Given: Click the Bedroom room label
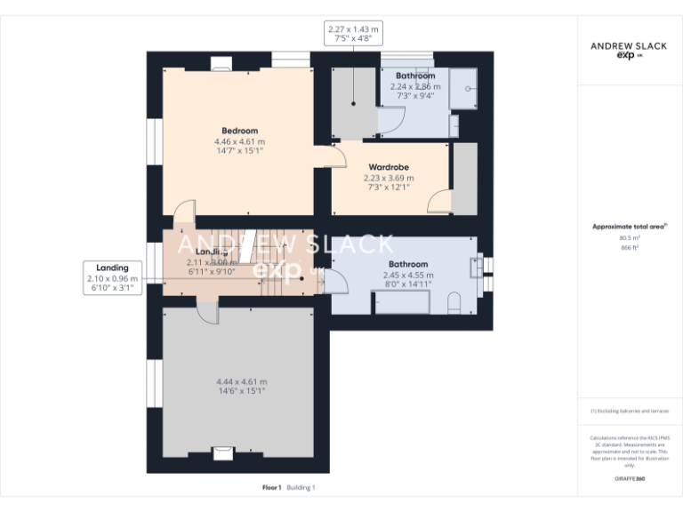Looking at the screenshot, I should [239, 131].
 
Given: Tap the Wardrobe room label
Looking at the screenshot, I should [388, 167].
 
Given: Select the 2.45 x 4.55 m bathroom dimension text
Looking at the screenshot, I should [408, 275].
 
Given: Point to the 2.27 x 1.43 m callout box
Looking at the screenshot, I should [353, 35].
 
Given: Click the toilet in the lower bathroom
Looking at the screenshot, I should [454, 304].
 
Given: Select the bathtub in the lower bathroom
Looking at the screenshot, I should [401, 302].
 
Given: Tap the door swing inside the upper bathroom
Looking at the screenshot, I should [391, 120].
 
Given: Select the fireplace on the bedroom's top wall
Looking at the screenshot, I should [221, 63].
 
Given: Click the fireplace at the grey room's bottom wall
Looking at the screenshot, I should [222, 453].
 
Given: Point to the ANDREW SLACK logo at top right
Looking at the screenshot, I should [628, 49].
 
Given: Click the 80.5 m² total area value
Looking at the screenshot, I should [629, 237].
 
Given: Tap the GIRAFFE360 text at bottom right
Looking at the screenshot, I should [629, 479].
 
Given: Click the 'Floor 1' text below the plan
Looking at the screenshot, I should [271, 487].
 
